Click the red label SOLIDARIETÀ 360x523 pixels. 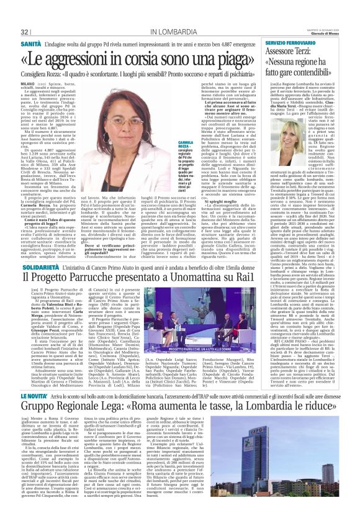37,249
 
